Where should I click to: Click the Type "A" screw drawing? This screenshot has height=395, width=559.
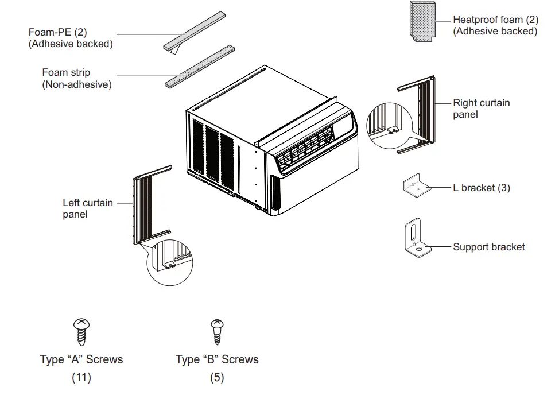click(x=81, y=331)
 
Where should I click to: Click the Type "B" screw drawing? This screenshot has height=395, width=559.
click(x=217, y=331)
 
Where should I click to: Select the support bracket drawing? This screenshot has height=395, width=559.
click(x=417, y=239)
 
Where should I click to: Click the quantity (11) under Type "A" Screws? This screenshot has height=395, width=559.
click(x=81, y=378)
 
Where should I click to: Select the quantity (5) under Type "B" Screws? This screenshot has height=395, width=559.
click(x=217, y=378)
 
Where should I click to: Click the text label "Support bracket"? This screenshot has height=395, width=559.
click(x=488, y=247)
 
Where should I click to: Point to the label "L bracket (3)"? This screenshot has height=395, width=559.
click(x=481, y=188)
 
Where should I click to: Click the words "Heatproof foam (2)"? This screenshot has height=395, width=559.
click(x=495, y=20)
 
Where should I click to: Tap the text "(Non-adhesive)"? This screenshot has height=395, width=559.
click(x=76, y=84)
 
